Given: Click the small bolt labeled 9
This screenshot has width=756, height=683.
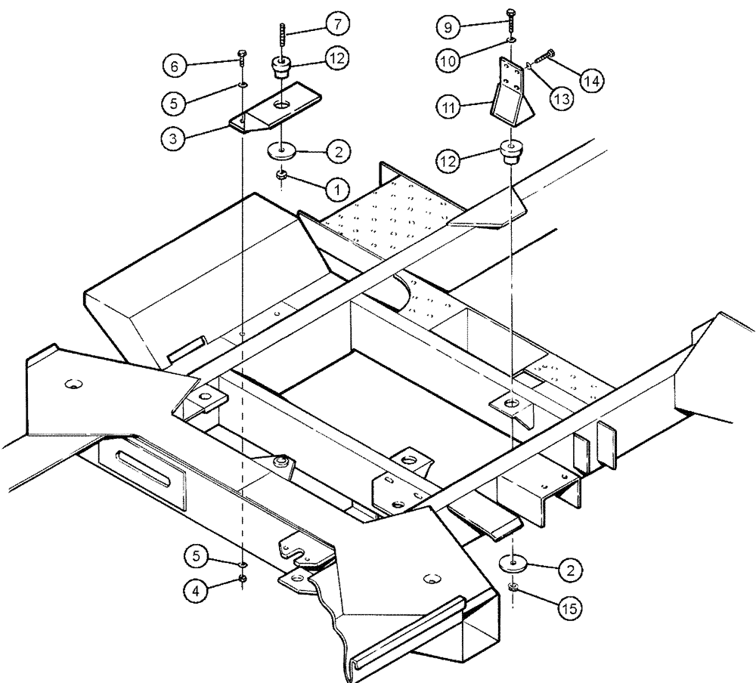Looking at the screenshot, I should [512, 16].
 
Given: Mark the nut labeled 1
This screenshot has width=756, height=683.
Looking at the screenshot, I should [281, 175].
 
